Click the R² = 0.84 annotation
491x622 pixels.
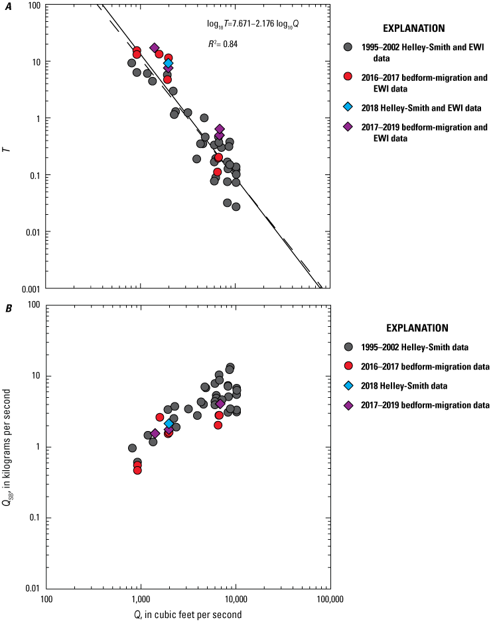223,44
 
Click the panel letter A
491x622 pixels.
8,7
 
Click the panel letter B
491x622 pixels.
8,307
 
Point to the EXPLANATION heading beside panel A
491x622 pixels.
413,29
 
